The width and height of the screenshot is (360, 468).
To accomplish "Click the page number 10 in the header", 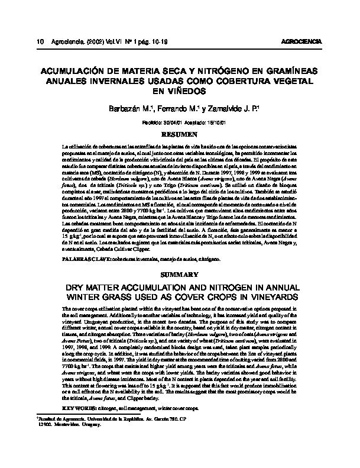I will (x=40, y=41).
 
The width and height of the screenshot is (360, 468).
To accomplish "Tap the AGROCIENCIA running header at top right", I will (x=303, y=41).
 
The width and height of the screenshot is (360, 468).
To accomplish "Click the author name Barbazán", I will (x=124, y=109).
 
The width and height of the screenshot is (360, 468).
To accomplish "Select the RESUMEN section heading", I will (x=179, y=135).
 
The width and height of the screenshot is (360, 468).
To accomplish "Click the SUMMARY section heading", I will (x=179, y=275).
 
